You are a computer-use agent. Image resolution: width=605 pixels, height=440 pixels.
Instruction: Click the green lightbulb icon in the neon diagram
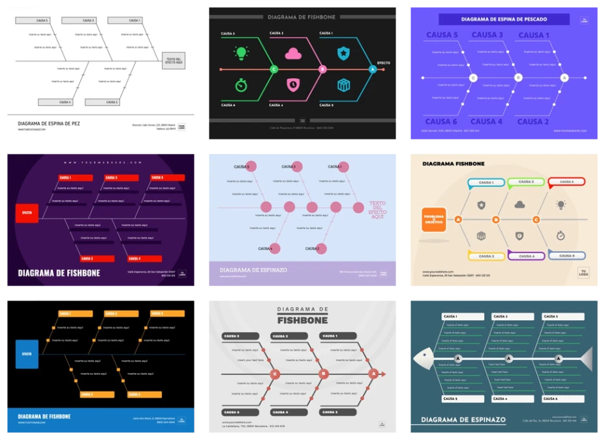tap(241, 53)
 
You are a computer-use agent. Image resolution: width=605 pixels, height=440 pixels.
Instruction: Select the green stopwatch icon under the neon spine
tap(241, 85)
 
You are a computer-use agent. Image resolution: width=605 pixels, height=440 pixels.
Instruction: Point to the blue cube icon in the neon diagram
tap(344, 85)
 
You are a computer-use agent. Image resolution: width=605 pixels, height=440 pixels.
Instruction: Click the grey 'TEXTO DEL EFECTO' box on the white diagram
tap(174, 61)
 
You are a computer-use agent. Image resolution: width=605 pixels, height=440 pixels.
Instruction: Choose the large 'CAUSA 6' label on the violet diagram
tap(442, 121)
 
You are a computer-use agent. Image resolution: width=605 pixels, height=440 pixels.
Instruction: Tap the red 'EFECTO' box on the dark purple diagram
tap(27, 213)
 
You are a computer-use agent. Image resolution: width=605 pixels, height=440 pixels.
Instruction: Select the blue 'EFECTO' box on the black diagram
tap(27, 354)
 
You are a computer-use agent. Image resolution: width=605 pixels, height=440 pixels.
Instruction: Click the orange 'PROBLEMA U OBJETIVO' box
tap(433, 220)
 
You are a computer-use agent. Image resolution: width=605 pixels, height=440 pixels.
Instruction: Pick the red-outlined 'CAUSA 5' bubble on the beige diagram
tap(566, 183)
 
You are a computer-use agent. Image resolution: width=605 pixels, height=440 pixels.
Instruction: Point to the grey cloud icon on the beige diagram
tap(520, 205)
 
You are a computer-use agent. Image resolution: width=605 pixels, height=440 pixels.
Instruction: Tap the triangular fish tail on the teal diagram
tap(585, 359)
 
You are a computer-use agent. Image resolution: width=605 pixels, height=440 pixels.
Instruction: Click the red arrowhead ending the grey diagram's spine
tap(383, 374)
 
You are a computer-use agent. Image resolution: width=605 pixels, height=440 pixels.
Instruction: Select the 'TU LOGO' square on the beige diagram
tap(583, 273)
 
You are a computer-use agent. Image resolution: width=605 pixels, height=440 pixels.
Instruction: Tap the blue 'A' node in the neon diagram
tap(373, 69)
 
